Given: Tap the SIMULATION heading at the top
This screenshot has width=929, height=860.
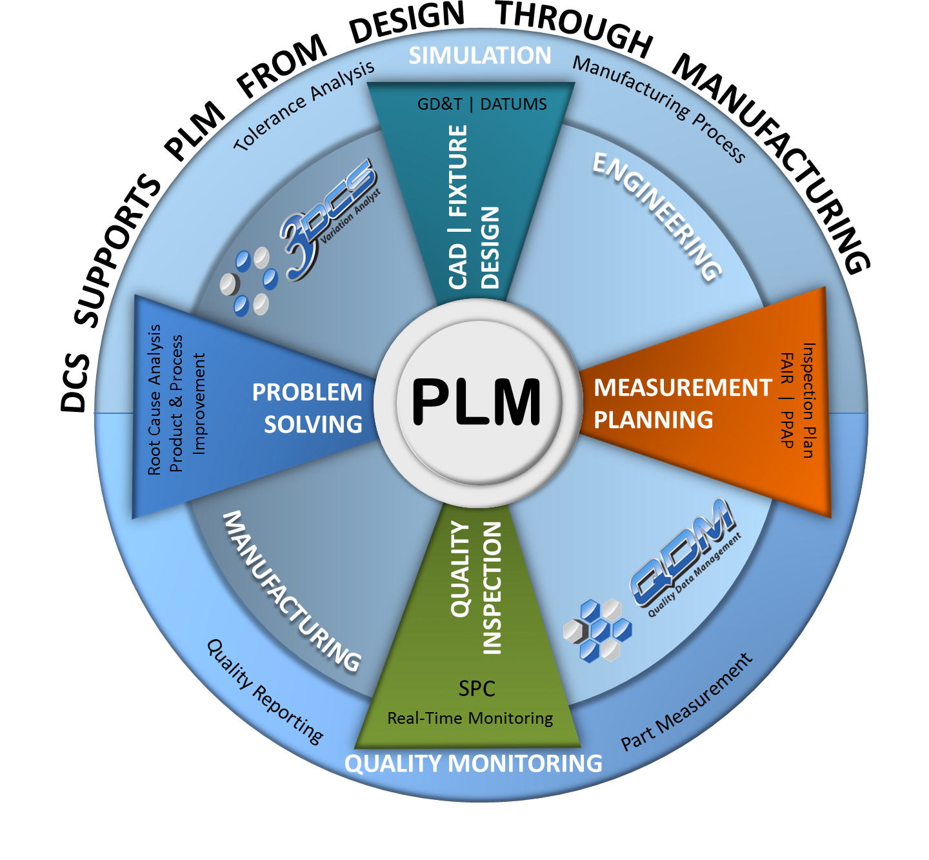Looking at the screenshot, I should pos(480,56).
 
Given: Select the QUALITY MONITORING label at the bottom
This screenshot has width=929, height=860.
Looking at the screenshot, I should pos(473,763).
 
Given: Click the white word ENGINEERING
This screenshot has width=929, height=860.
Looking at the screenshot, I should pos(657,216).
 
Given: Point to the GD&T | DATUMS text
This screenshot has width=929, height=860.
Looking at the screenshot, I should pos(482,104).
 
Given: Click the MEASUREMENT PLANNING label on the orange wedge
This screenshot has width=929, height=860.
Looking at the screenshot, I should pos(682,404).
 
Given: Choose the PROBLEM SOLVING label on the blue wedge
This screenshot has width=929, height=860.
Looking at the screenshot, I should pos(308,408).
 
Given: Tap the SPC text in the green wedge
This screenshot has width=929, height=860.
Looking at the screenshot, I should pos(477,688).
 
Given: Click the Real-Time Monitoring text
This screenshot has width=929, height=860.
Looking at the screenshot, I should pos(470,718).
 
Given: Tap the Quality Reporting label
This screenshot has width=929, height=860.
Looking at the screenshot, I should pos(265,691).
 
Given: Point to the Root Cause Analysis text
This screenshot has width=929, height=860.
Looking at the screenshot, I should pos(154,400).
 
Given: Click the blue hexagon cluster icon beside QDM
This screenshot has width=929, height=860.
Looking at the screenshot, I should pos(597,630).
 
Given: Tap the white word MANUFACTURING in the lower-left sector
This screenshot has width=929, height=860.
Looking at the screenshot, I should pos(291,591).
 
